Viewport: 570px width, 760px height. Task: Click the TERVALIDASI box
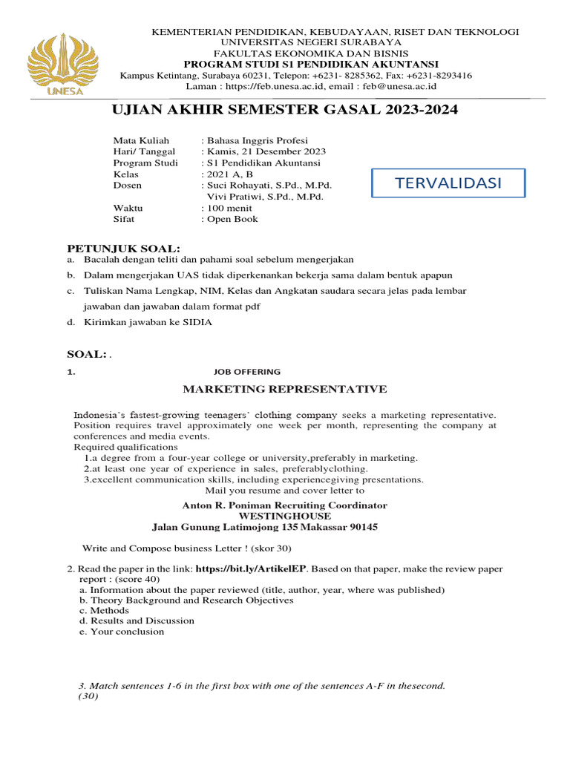(448, 183)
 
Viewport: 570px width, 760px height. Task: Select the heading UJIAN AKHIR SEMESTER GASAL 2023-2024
(284, 111)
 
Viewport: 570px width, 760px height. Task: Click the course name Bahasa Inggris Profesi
(257, 140)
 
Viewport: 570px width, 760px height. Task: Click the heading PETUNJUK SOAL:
(124, 247)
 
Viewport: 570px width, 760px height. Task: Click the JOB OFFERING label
(246, 372)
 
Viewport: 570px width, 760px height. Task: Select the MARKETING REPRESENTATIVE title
(285, 389)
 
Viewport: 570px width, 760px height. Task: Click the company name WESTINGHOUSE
(285, 516)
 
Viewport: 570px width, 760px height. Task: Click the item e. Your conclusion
(122, 632)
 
